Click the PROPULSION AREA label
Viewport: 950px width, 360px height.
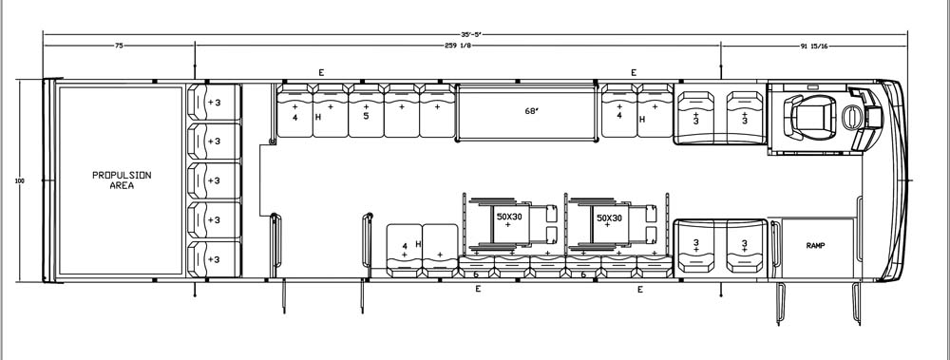click(122, 180)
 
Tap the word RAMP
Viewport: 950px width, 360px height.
click(815, 245)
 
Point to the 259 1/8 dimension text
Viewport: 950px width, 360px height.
click(458, 46)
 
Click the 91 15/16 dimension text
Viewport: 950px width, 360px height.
click(814, 46)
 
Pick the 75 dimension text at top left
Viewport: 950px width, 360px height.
click(119, 46)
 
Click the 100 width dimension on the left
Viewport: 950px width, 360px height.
click(21, 180)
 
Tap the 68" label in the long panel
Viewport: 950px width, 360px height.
click(531, 111)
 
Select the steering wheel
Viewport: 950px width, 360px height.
click(851, 117)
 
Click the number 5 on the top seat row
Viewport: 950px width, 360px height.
click(366, 116)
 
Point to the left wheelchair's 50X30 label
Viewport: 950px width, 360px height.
click(507, 218)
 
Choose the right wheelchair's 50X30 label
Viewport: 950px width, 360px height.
click(608, 218)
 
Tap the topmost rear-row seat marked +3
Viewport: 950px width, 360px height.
click(214, 103)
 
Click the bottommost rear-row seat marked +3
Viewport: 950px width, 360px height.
click(214, 259)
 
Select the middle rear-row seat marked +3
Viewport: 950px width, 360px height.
click(214, 180)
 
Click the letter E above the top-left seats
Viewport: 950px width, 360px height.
click(322, 73)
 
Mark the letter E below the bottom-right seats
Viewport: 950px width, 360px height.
click(639, 290)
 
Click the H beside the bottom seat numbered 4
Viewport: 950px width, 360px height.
click(418, 244)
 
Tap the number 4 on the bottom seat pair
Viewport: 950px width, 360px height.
click(405, 246)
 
